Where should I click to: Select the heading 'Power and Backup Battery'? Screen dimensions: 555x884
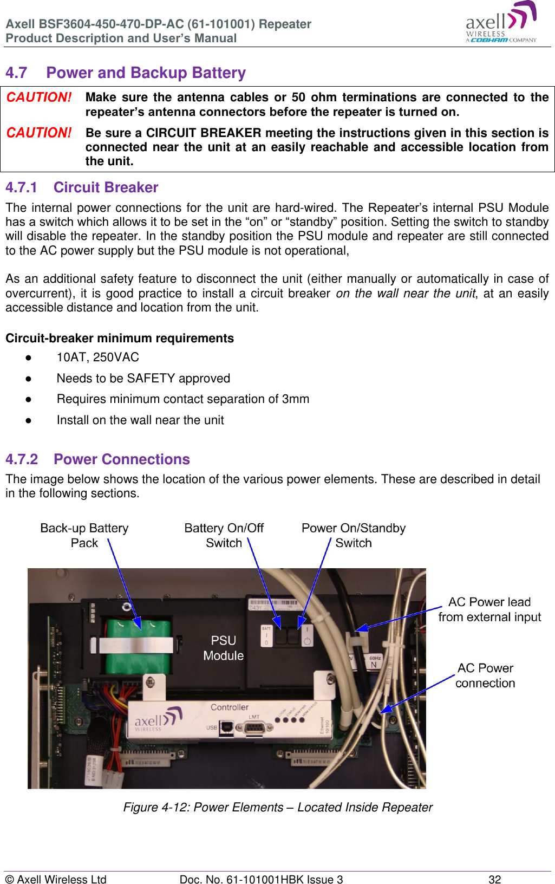(x=146, y=73)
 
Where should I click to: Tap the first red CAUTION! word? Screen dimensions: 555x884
(x=39, y=97)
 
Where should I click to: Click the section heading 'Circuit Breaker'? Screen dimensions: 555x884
(x=106, y=187)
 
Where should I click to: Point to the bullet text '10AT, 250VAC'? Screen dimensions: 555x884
(x=97, y=357)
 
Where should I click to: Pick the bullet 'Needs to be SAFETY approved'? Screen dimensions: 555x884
(x=143, y=378)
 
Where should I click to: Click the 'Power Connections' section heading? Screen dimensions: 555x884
(x=121, y=459)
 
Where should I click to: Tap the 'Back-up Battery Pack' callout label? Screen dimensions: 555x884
(x=84, y=535)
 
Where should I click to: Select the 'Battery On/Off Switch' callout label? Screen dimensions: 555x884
(x=224, y=535)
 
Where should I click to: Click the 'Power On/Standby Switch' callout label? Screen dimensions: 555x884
(x=353, y=535)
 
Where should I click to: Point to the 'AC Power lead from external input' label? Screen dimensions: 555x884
(x=489, y=609)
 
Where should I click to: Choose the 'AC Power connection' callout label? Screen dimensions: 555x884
(x=485, y=675)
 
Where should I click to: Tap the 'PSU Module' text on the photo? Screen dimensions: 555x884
(x=223, y=648)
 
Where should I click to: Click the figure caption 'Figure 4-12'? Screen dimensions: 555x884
(x=277, y=807)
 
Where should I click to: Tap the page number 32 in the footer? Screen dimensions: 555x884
(x=494, y=879)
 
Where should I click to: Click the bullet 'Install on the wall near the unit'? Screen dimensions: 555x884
(x=140, y=420)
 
